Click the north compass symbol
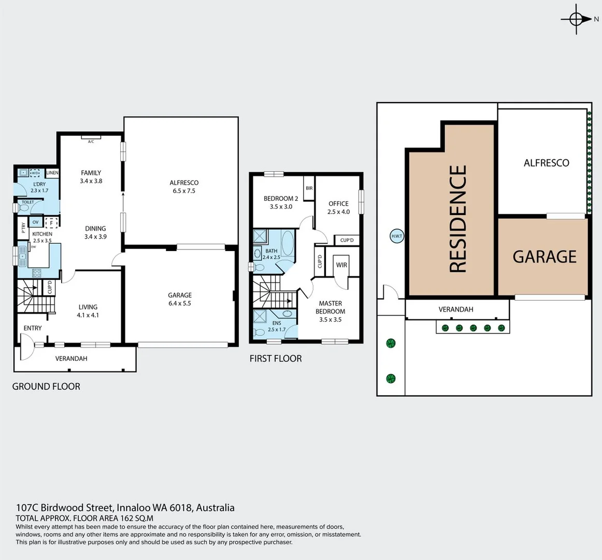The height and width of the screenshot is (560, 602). (576, 19)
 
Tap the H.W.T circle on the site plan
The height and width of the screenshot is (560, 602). (396, 236)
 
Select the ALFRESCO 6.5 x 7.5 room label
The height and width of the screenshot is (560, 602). (184, 187)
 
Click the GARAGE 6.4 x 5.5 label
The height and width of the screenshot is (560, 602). (180, 299)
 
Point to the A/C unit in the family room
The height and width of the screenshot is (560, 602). (91, 138)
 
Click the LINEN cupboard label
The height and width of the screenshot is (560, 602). (52, 173)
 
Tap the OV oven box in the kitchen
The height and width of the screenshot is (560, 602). (35, 222)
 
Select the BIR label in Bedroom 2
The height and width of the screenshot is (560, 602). (309, 188)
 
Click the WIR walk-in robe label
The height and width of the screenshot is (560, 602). (341, 265)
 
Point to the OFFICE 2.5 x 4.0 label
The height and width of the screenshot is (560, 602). (338, 207)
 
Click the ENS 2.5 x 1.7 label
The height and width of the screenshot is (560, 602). (277, 326)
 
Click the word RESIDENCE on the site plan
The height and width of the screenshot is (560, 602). (458, 219)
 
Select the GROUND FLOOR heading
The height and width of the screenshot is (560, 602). (46, 386)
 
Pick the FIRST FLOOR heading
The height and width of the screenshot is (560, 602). (276, 358)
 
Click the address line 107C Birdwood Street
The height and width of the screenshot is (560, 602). (125, 508)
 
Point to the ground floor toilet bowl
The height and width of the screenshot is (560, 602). (23, 208)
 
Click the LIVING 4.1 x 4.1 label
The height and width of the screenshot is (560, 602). (88, 311)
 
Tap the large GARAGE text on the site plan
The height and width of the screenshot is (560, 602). (544, 257)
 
